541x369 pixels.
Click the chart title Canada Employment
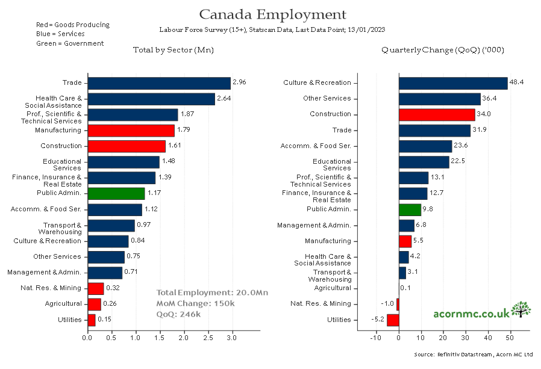(272, 14)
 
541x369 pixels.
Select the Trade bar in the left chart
(159, 83)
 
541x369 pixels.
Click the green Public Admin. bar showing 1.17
(116, 193)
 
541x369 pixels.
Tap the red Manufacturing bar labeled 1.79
(131, 130)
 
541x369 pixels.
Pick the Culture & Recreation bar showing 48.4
(453, 83)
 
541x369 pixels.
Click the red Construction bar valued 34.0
(437, 114)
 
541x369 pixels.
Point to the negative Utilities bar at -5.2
(393, 320)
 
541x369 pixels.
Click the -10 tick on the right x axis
(375, 338)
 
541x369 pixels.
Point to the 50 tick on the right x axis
(510, 338)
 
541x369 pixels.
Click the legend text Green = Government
(70, 43)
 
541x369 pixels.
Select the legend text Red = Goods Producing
(73, 25)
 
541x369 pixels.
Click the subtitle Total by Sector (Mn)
(173, 50)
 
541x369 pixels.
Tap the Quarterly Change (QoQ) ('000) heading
(442, 50)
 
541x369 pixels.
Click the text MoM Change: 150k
(195, 303)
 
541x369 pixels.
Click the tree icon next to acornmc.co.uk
(521, 310)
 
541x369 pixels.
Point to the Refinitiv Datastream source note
(474, 355)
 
